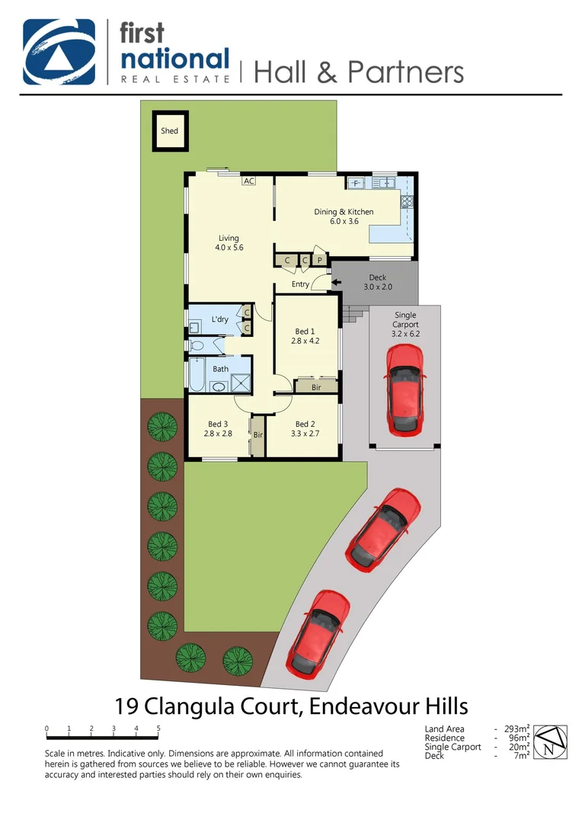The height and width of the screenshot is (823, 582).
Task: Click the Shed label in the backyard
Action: (169, 130)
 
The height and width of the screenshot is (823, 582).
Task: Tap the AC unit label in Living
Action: (248, 181)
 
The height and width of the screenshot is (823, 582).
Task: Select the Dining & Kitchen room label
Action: (344, 212)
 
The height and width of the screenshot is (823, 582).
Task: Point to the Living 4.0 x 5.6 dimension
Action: (229, 248)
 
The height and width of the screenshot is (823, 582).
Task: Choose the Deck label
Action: (377, 277)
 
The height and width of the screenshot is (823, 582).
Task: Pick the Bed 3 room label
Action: (218, 424)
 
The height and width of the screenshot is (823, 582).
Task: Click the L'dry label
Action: (219, 319)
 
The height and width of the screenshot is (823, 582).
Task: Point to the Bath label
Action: (220, 369)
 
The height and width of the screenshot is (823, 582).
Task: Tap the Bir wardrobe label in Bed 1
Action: (316, 387)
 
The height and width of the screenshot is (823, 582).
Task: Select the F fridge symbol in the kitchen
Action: (357, 184)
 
